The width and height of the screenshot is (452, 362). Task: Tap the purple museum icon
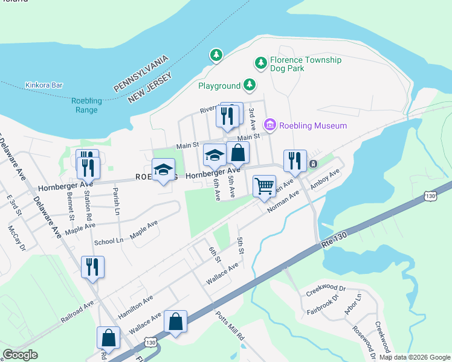point(270,125)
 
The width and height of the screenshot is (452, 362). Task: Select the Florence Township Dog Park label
point(305,65)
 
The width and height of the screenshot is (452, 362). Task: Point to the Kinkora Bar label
point(44,86)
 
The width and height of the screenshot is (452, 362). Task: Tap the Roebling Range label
point(86,105)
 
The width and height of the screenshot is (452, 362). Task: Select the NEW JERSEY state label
point(150,87)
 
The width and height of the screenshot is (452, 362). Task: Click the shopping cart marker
point(264,186)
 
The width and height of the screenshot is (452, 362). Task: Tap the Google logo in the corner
point(20,355)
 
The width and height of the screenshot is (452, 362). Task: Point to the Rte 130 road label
point(333,240)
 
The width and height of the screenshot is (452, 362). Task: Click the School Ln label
point(108,240)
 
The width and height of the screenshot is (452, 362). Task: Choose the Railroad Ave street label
point(77,311)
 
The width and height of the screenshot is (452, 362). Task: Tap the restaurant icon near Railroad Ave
point(92,267)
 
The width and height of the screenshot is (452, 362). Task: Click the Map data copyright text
point(414,357)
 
